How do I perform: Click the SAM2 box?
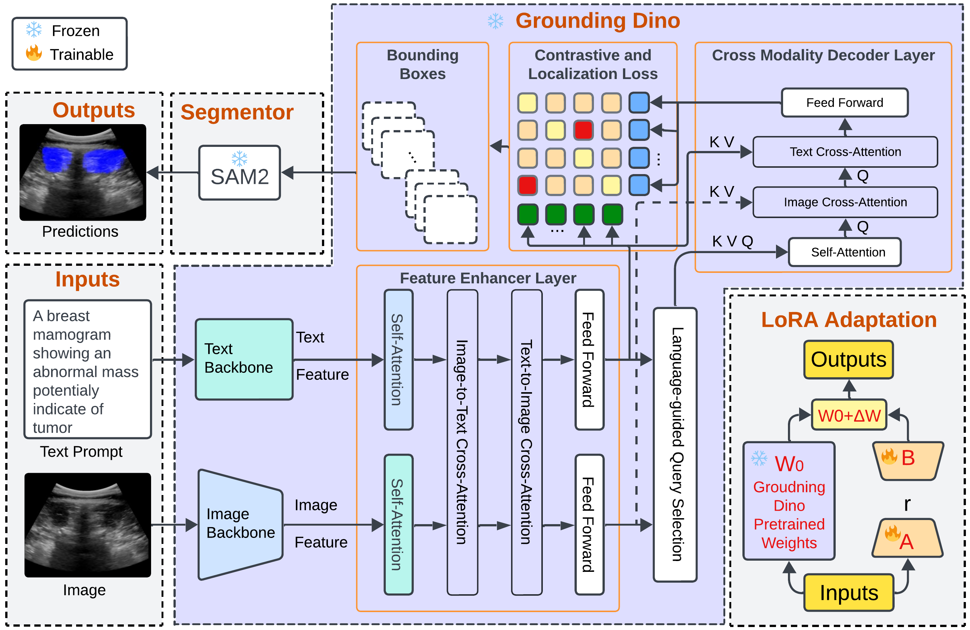(240, 173)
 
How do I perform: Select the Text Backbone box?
(244, 359)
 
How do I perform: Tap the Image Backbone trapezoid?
(241, 525)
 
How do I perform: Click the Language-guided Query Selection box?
(675, 444)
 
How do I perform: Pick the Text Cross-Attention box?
(845, 152)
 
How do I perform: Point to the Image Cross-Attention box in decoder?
(845, 202)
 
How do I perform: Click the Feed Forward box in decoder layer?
(845, 103)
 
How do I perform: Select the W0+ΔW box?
(849, 415)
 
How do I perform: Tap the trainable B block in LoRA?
(908, 460)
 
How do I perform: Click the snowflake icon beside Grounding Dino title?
(495, 21)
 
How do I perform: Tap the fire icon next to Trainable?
(34, 53)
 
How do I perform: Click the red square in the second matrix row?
(583, 130)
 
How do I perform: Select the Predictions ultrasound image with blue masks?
(83, 172)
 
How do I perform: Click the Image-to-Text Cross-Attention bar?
(462, 442)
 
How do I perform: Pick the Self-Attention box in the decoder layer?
(845, 252)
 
